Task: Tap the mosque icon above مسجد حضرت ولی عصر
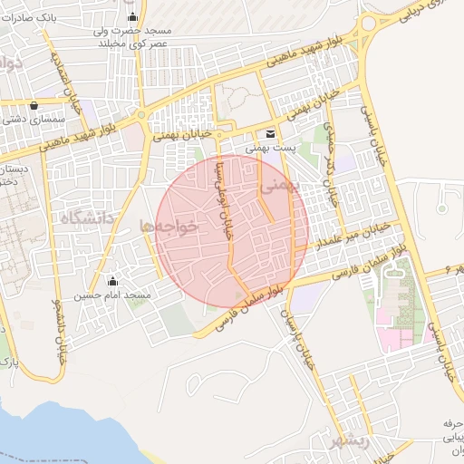coord(134,17)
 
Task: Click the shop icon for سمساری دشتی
coord(34,104)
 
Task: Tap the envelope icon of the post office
coord(270,132)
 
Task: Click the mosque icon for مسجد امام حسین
coord(113,281)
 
